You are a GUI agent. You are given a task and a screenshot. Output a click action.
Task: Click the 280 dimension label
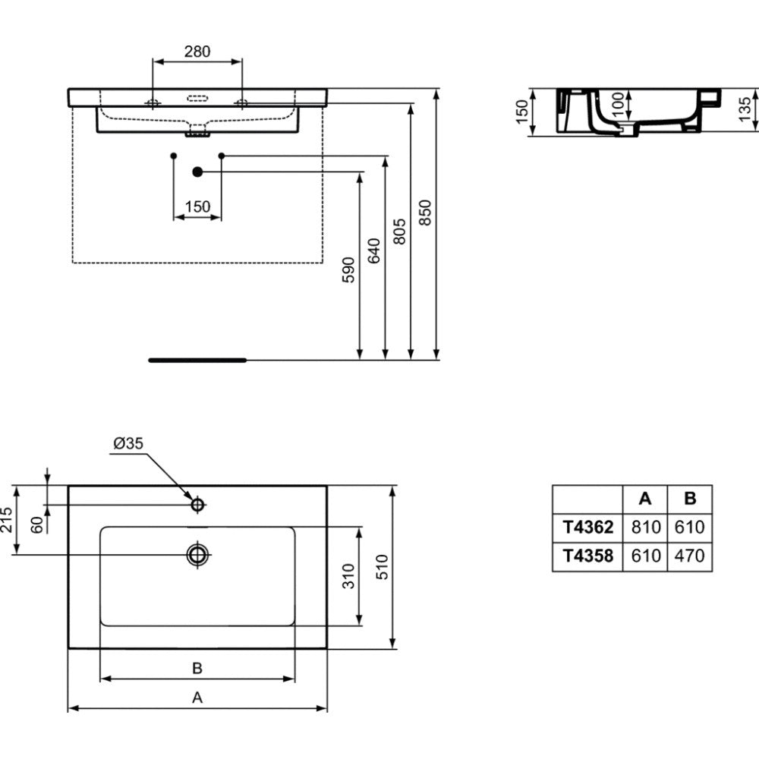(x=197, y=52)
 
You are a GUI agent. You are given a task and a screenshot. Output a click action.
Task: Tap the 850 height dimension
(x=424, y=212)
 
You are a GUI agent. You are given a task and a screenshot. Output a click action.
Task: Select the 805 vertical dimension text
(x=399, y=231)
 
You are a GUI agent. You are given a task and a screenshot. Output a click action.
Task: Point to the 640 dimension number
(x=374, y=250)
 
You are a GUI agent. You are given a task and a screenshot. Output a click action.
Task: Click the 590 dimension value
(x=348, y=270)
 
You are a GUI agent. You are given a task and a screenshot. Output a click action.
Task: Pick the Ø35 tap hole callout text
(x=128, y=443)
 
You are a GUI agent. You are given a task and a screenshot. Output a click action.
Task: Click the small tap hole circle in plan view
(x=197, y=505)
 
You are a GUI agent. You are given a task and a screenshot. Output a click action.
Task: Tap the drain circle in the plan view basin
(x=197, y=554)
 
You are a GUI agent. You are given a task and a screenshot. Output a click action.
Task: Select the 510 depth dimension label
(x=382, y=567)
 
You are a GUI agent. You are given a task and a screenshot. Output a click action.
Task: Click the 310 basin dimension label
(x=348, y=576)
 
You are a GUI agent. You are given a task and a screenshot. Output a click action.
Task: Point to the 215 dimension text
(x=6, y=520)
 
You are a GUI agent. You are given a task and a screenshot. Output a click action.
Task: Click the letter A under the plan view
(x=197, y=698)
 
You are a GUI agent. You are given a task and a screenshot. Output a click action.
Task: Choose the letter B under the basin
(x=197, y=668)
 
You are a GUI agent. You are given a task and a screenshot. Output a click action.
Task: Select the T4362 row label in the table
(x=588, y=527)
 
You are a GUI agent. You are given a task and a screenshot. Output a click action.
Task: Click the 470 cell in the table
(x=689, y=556)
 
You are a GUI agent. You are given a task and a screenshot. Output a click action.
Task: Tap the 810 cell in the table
(x=646, y=527)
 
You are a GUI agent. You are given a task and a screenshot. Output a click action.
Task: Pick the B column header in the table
(x=690, y=498)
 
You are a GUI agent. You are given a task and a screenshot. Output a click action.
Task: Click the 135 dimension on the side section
(x=745, y=109)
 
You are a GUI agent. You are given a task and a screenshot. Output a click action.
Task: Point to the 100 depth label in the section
(x=618, y=105)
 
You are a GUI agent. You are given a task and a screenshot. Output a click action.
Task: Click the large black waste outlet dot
(x=197, y=172)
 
